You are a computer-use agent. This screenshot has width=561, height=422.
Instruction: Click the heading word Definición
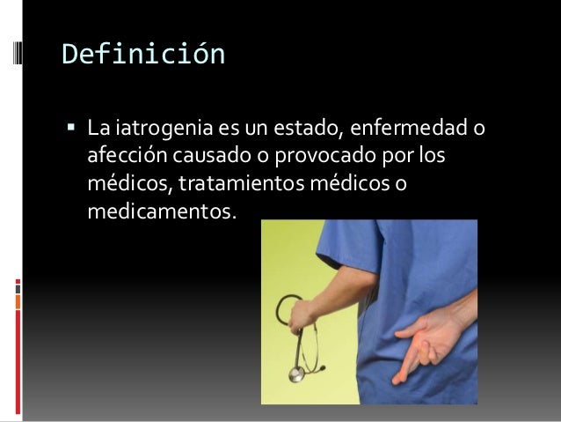pyautogui.click(x=143, y=56)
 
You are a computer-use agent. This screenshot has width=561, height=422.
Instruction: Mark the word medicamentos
pyautogui.click(x=163, y=212)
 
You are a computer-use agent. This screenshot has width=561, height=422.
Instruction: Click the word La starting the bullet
pyautogui.click(x=98, y=132)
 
